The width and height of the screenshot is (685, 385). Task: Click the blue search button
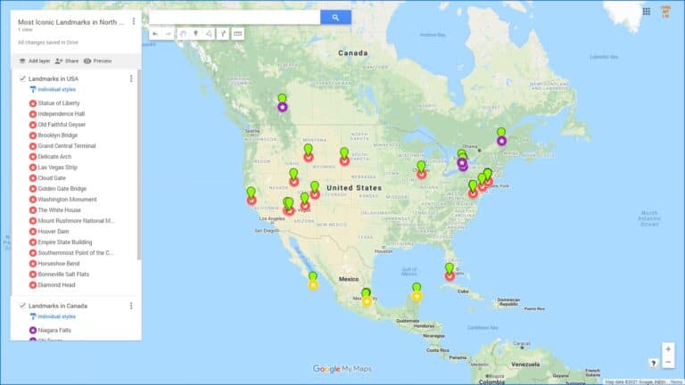click(x=335, y=17)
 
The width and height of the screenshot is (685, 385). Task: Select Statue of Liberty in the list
click(x=59, y=103)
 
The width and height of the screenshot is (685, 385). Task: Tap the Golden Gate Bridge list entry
click(x=62, y=189)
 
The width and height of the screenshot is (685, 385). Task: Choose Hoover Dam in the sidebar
click(x=54, y=231)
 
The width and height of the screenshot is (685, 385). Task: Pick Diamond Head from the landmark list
click(x=57, y=284)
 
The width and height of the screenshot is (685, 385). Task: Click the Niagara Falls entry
click(x=54, y=331)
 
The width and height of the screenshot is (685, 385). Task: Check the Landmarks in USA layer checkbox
click(x=22, y=79)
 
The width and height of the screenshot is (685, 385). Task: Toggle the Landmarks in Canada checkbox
click(x=22, y=306)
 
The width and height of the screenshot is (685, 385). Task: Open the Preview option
click(x=97, y=61)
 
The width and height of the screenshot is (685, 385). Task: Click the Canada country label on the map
click(x=352, y=53)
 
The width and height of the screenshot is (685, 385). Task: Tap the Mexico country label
click(x=348, y=279)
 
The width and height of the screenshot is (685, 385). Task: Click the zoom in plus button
click(x=668, y=349)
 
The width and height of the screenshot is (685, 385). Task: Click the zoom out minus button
click(x=668, y=362)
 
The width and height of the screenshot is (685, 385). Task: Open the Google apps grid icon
click(x=646, y=12)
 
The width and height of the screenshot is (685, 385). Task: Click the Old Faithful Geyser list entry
click(x=62, y=125)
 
